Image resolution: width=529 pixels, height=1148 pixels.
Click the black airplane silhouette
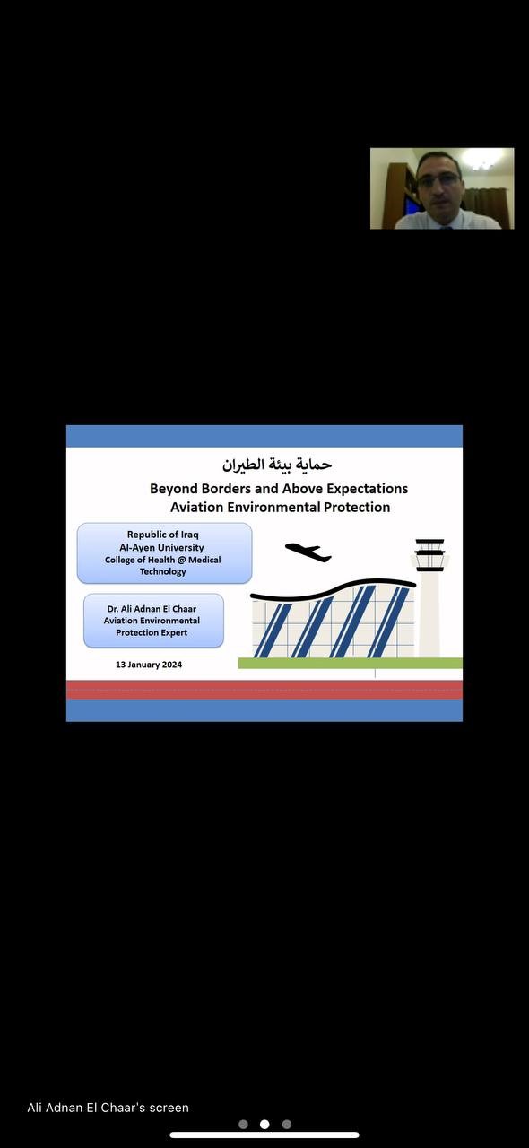coord(308,552)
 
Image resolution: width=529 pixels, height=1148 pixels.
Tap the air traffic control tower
coord(429,597)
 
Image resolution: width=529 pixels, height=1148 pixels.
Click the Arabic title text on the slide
coord(277,465)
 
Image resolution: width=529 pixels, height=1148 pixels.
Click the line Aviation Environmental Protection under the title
coord(281,507)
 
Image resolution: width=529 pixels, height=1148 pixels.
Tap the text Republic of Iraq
coord(163,534)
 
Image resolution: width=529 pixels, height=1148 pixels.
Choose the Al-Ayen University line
coord(162,547)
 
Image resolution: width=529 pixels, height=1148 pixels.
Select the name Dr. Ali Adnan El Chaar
coord(152,609)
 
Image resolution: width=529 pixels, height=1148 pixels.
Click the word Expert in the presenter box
coord(174,633)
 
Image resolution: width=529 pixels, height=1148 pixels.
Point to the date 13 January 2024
coord(149,665)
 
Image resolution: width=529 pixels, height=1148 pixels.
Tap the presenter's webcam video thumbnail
coord(442,188)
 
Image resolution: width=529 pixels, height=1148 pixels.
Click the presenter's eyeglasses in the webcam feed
coord(438,179)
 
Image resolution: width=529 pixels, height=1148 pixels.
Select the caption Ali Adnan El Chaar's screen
coord(108,1108)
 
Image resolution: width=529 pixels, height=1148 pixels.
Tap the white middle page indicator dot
coord(264,1124)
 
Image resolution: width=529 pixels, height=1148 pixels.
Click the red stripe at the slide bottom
coord(264,690)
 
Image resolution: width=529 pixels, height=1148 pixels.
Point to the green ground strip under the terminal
coord(350,663)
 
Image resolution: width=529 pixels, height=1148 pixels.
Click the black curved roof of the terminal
coord(333,590)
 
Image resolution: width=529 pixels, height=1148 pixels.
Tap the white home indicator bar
coord(264,1135)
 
